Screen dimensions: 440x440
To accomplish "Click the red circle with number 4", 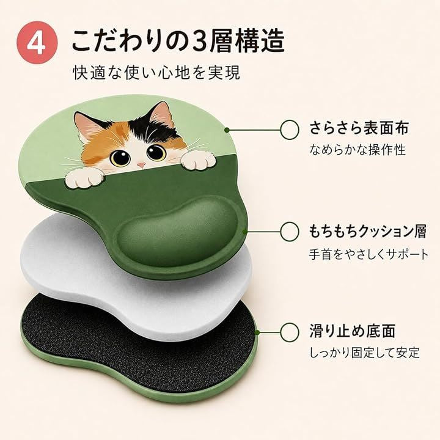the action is click(37, 43).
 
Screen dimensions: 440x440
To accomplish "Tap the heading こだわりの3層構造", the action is click(178, 42).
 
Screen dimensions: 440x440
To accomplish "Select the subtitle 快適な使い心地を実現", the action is click(156, 73).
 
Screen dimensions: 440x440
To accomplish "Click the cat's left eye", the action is click(120, 157).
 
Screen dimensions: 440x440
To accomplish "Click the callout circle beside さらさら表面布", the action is click(289, 130).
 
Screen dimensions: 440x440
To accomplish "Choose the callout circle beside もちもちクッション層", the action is click(289, 232).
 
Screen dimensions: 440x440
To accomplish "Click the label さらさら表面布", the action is click(359, 128).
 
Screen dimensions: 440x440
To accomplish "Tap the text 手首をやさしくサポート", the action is click(369, 254).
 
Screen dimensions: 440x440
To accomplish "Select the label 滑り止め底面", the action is click(353, 331).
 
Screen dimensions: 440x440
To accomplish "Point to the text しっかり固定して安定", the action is click(364, 353).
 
